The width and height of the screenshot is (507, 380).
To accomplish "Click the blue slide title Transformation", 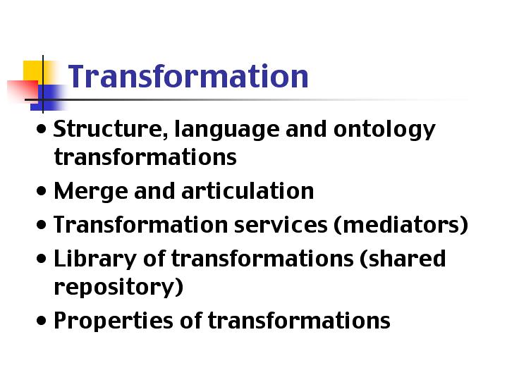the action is (188, 76).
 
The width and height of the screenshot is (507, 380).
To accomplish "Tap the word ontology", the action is (384, 130).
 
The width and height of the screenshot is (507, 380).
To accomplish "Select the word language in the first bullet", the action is (226, 130).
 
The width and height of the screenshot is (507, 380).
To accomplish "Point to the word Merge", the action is (90, 192).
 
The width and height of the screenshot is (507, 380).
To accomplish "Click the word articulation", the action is (248, 190).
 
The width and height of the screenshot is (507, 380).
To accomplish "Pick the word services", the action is (281, 225).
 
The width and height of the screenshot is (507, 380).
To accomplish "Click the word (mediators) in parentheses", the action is (401, 225).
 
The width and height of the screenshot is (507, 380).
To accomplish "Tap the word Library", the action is (95, 259).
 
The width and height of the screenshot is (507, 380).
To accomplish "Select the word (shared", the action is (403, 259).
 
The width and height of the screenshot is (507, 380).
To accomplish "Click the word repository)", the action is (118, 287).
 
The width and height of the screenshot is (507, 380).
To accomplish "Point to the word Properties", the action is (113, 321).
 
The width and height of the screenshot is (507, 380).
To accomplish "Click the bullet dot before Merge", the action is (42, 191).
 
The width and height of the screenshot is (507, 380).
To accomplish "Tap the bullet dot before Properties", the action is (42, 321).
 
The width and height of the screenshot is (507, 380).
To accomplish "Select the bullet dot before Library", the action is (42, 259).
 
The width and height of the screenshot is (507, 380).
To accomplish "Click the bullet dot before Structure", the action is (42, 129).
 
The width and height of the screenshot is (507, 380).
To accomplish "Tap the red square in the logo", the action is (23, 92).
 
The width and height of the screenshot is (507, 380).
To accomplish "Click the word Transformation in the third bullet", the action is (141, 225).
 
